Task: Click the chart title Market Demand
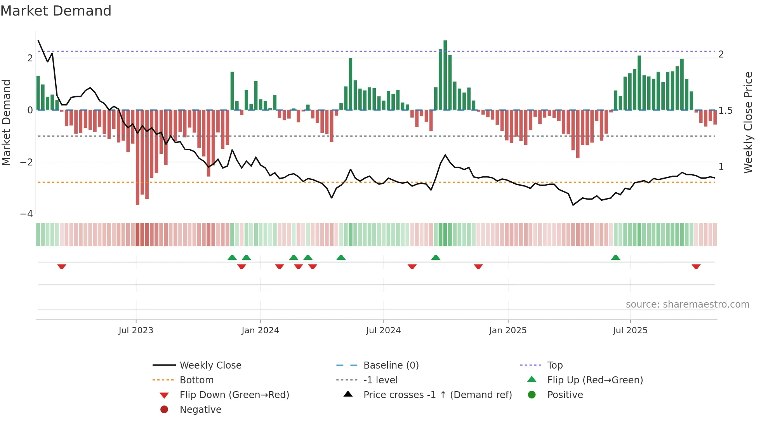point(56,11)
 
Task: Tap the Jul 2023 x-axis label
point(136,331)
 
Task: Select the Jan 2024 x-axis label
point(260,331)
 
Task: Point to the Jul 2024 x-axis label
point(383,331)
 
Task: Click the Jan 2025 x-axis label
point(507,331)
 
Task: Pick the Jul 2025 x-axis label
point(630,331)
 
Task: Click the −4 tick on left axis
point(26,214)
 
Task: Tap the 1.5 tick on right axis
point(725,111)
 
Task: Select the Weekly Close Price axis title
point(748,122)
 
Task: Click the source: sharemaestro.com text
point(687,304)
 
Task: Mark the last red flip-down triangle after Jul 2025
point(696,266)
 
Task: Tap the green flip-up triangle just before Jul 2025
point(615,257)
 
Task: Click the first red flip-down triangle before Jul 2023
point(62,266)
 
